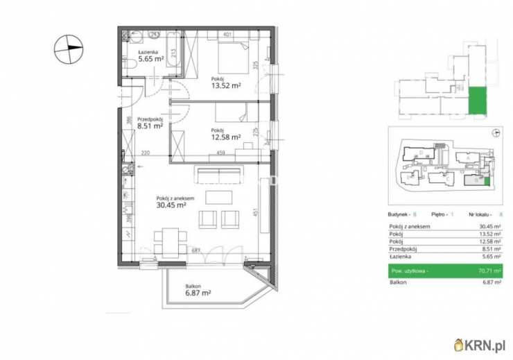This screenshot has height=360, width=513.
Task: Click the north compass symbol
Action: [69, 47]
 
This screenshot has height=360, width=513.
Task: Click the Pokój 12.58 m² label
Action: [226, 133]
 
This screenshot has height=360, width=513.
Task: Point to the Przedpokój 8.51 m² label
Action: [150, 123]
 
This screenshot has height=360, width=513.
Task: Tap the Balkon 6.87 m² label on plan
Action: [198, 289]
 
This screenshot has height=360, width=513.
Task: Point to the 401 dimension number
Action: [227, 33]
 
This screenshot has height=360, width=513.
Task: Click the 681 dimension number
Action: [196, 250]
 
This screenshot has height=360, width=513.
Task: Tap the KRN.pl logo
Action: [479, 343]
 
